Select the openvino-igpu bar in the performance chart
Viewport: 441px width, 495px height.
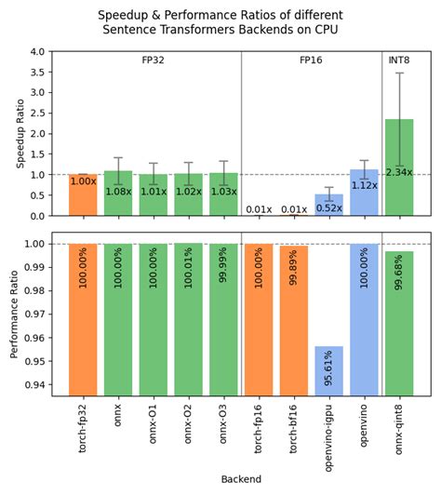(x=328, y=372)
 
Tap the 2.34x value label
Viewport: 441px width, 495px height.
(x=399, y=172)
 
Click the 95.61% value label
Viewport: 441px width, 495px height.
(x=329, y=372)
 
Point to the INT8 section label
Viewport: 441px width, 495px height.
(x=400, y=60)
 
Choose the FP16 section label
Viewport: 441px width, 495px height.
(x=312, y=60)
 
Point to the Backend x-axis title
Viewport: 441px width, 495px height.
(x=241, y=479)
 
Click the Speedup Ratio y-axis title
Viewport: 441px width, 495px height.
(x=20, y=133)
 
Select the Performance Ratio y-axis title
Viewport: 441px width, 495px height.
(x=14, y=314)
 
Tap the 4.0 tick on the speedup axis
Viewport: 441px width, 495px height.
(x=35, y=52)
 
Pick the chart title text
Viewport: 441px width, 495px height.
(x=220, y=23)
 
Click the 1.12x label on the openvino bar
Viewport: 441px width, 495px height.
(x=364, y=185)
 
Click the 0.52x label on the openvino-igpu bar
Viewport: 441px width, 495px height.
(x=328, y=207)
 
